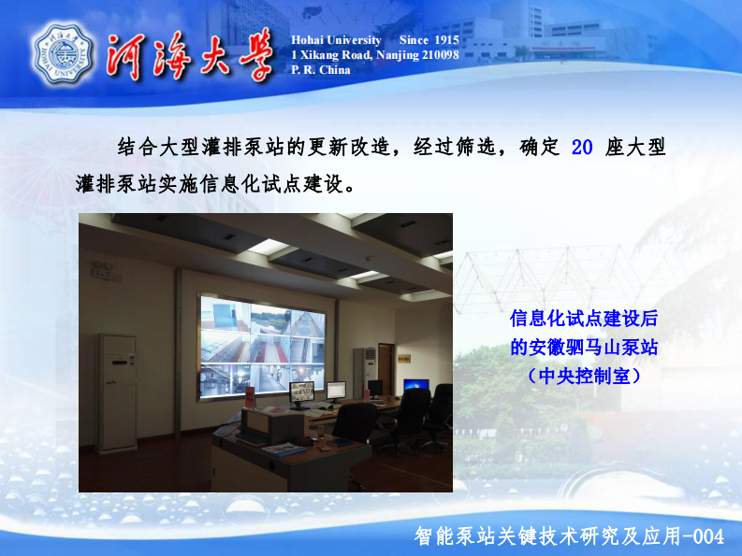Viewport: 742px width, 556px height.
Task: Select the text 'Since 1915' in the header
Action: point(429,40)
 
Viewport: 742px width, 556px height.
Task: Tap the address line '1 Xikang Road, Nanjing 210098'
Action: point(374,55)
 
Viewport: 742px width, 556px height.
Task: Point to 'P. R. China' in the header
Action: point(321,70)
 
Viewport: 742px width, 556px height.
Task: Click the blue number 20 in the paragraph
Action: point(582,148)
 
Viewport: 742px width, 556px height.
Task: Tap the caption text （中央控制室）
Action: point(584,376)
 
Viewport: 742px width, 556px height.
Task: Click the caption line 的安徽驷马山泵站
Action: point(584,347)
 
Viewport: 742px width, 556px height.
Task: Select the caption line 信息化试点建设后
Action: point(584,319)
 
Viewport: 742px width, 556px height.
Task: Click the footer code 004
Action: point(706,536)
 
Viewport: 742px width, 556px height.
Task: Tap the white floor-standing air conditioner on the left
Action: point(118,392)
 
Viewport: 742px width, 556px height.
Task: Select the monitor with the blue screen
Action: point(416,385)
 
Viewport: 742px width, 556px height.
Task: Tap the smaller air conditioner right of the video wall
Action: point(364,370)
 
